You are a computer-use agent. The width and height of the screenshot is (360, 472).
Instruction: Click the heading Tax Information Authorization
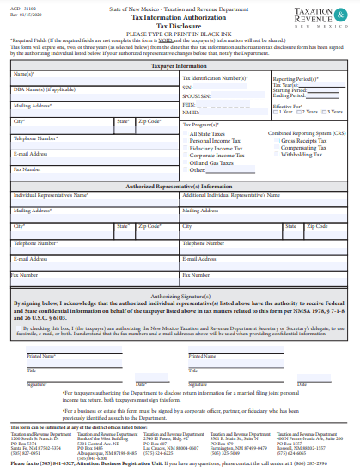(x=180, y=16)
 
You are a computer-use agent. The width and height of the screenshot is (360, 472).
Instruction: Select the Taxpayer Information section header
(x=180, y=65)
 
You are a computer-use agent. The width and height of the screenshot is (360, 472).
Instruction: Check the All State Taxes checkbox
(x=186, y=132)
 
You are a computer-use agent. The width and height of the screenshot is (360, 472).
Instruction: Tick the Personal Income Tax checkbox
(x=186, y=139)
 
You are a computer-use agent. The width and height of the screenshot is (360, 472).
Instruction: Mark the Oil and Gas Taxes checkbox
(x=186, y=162)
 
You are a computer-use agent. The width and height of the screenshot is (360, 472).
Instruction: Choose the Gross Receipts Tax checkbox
(x=278, y=140)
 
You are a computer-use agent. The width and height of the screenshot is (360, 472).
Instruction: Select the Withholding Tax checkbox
(x=278, y=155)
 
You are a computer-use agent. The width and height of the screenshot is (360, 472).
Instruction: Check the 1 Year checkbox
(x=274, y=112)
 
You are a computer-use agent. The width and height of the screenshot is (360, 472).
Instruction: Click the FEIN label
(x=187, y=103)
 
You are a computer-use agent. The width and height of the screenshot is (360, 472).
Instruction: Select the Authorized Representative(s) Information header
(x=180, y=186)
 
